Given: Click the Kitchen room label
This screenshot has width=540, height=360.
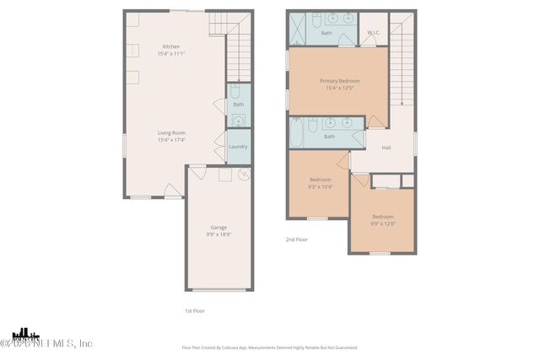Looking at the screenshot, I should click(x=171, y=46).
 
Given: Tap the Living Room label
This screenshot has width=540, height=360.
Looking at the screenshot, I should click(x=171, y=132).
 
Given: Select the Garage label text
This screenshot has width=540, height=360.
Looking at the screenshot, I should click(x=219, y=227).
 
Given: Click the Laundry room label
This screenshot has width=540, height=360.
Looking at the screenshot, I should click(x=238, y=147).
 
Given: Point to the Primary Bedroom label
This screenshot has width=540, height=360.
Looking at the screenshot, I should click(x=338, y=81).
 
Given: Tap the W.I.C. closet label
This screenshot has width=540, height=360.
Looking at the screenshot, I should click(x=375, y=33).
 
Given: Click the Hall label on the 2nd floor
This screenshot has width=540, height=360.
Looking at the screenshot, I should click(x=386, y=148).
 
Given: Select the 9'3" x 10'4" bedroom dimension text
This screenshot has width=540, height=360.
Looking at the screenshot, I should click(x=321, y=186).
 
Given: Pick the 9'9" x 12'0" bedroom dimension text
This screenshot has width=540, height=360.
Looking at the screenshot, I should click(x=383, y=223).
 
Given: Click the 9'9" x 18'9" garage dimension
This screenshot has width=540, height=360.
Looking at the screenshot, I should click(x=219, y=234).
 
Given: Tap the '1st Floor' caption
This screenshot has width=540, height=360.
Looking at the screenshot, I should click(x=195, y=310).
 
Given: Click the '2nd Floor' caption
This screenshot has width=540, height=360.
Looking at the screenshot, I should click(x=295, y=239).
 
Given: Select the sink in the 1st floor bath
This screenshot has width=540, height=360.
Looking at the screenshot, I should click(x=238, y=120).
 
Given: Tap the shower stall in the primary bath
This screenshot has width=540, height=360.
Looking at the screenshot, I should click(x=299, y=30).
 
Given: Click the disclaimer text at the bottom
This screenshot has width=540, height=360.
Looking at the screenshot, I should click(x=269, y=347).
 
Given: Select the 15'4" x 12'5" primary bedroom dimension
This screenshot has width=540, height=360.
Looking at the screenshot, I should click(x=338, y=88).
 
